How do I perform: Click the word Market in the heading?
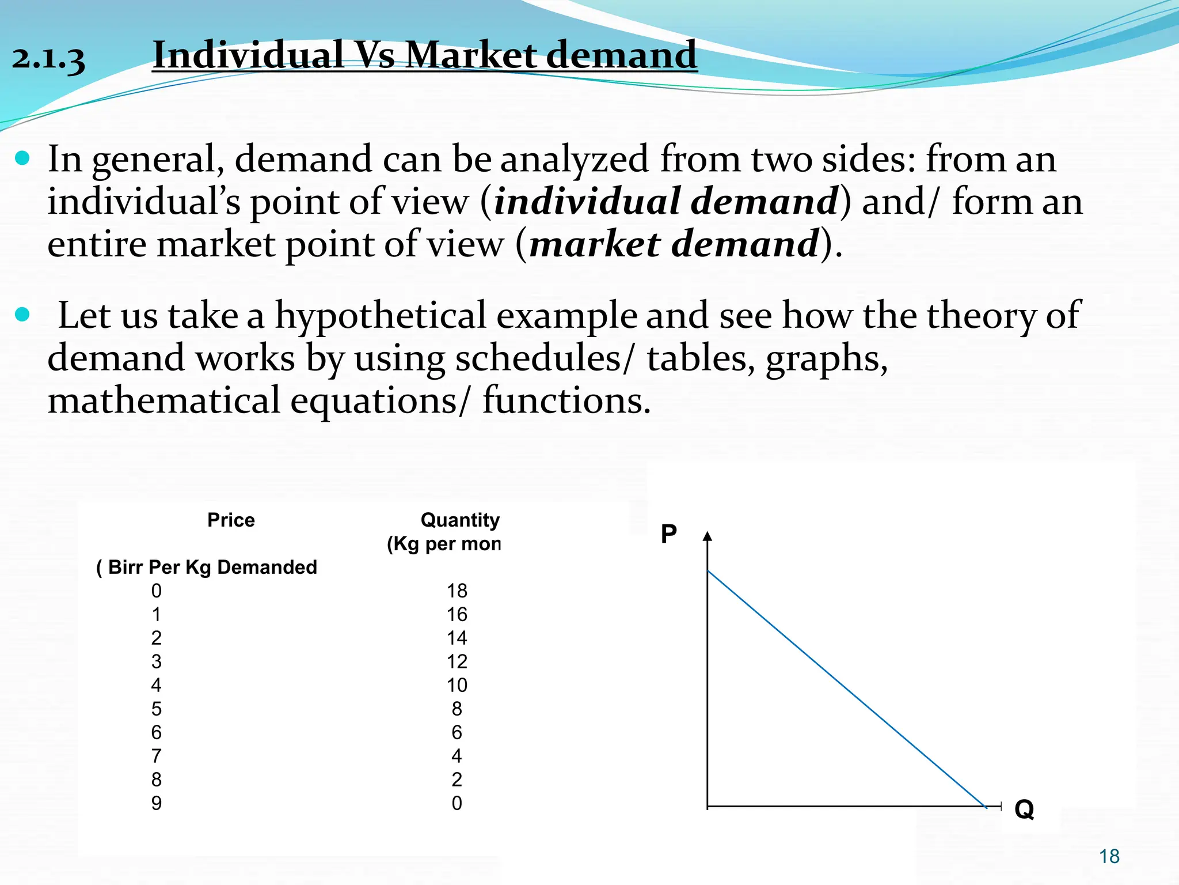pyautogui.click(x=471, y=56)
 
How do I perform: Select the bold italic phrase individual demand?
pyautogui.click(x=665, y=202)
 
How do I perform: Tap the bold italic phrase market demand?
pyautogui.click(x=674, y=244)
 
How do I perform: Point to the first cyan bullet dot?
pyautogui.click(x=22, y=158)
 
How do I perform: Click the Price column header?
pyautogui.click(x=231, y=520)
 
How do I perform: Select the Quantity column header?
pyautogui.click(x=459, y=520)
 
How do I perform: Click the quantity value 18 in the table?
pyautogui.click(x=457, y=591)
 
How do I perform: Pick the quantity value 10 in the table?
pyautogui.click(x=457, y=686)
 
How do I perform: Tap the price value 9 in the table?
pyautogui.click(x=156, y=803)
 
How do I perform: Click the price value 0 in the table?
pyautogui.click(x=156, y=591)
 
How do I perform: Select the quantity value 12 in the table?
pyautogui.click(x=457, y=662)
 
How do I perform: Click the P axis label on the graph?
pyautogui.click(x=668, y=534)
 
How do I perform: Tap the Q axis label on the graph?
pyautogui.click(x=1024, y=810)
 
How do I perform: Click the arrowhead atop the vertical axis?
pyautogui.click(x=708, y=536)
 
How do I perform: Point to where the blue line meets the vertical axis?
pyautogui.click(x=708, y=571)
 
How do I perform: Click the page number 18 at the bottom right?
pyautogui.click(x=1109, y=857)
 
